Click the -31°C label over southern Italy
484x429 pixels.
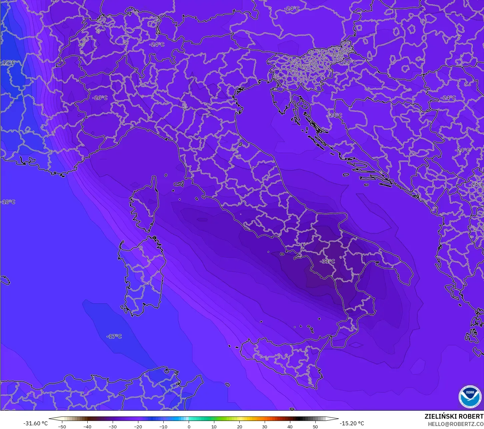[x=327, y=261]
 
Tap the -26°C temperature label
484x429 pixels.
[x=100, y=98]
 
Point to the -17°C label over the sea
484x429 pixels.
[x=114, y=336]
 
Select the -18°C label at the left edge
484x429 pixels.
[x=8, y=202]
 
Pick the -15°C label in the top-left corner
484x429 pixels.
[x=8, y=62]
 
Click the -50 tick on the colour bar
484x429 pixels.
[x=62, y=426]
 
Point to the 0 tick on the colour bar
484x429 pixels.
[x=189, y=426]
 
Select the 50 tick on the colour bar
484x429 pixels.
[x=315, y=426]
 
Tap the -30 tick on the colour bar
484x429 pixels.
[x=113, y=426]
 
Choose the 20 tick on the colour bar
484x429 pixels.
[x=239, y=426]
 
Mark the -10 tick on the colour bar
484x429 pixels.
[x=163, y=426]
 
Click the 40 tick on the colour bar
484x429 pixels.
[x=290, y=426]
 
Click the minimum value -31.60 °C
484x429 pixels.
[x=36, y=423]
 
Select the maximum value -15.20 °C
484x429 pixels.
[x=352, y=423]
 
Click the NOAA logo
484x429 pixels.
[x=470, y=396]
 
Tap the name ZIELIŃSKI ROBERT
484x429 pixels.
[x=454, y=416]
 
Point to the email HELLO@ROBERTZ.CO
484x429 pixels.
[x=456, y=424]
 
